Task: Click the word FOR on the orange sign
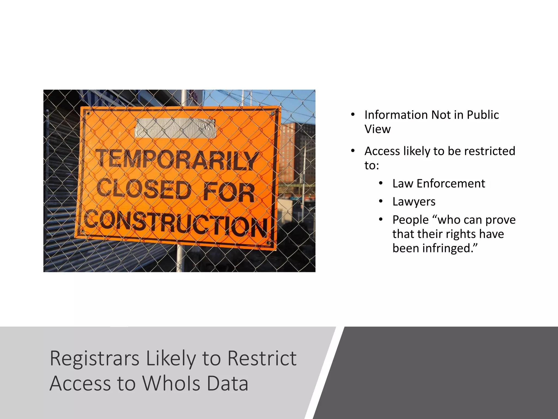click(x=229, y=193)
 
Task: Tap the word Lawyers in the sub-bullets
click(x=414, y=202)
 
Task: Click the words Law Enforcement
click(x=439, y=184)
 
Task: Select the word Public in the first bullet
click(x=483, y=115)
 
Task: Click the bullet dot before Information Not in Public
click(x=353, y=115)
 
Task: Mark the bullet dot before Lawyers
click(x=381, y=202)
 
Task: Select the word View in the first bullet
click(x=377, y=129)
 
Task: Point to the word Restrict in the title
click(x=262, y=358)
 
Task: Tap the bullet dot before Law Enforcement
click(x=381, y=183)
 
